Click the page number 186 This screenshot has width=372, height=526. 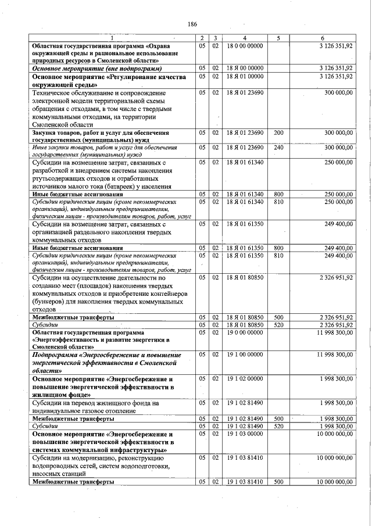[x=193, y=24]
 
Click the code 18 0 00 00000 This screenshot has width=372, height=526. [x=245, y=45]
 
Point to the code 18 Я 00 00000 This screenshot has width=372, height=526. [x=245, y=68]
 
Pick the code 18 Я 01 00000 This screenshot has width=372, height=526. [x=245, y=76]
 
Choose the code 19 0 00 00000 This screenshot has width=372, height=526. [x=245, y=332]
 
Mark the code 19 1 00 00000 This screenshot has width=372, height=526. [x=245, y=353]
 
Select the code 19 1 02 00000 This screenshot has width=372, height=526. [x=245, y=378]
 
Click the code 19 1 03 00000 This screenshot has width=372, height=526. [x=245, y=434]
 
